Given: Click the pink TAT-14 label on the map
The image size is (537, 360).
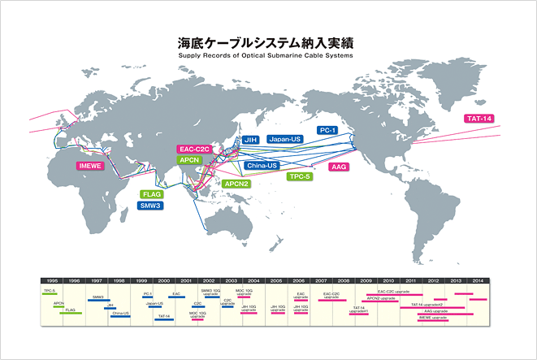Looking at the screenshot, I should click(479, 119).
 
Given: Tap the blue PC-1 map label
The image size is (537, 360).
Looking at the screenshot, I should click(328, 129).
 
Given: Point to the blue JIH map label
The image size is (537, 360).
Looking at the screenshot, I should click(250, 140).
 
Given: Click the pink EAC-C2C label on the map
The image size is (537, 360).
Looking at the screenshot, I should click(194, 150).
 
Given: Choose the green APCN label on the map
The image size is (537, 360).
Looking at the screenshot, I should click(190, 160).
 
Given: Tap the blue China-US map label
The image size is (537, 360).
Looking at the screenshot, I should click(262, 165).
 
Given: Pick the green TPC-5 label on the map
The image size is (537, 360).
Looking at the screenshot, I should click(302, 176).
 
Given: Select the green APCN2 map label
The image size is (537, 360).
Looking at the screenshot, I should click(237, 184).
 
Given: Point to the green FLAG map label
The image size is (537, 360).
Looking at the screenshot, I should click(152, 195).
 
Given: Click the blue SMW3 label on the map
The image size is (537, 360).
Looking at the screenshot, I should click(151, 206).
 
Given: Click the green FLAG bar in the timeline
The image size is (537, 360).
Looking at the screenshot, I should click(73, 314).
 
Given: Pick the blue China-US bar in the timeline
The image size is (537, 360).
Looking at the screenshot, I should click(120, 316).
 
